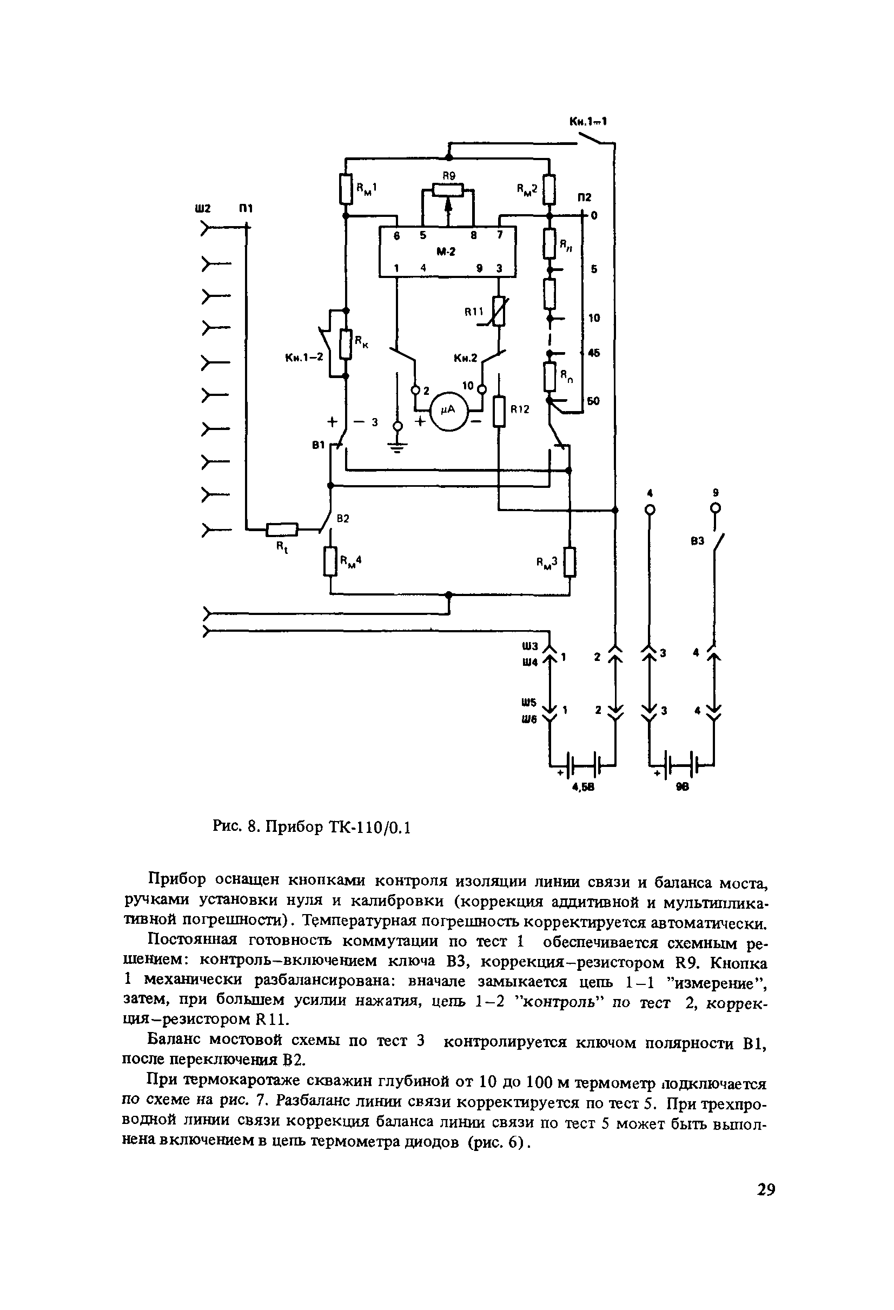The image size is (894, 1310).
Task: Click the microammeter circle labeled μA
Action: pos(450,412)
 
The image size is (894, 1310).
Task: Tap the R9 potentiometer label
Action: pos(448,176)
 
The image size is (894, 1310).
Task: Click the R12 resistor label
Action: pos(519,410)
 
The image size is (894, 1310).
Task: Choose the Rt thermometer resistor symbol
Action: pos(281,529)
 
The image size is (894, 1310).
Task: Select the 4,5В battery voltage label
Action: pos(584,789)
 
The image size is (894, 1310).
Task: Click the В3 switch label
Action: pos(697,541)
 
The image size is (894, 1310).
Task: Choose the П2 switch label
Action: pos(585,197)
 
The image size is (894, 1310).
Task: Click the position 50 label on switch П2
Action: pos(593,401)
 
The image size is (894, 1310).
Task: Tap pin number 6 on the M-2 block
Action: pos(396,237)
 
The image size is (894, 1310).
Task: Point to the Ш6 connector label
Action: pos(529,719)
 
